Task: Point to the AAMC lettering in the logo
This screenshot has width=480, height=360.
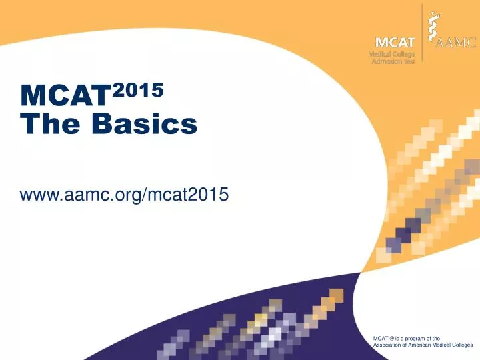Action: [455, 44]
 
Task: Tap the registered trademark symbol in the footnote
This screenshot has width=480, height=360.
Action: [393, 339]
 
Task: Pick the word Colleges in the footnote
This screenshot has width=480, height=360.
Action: [461, 346]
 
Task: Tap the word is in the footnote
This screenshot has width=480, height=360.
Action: [398, 339]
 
